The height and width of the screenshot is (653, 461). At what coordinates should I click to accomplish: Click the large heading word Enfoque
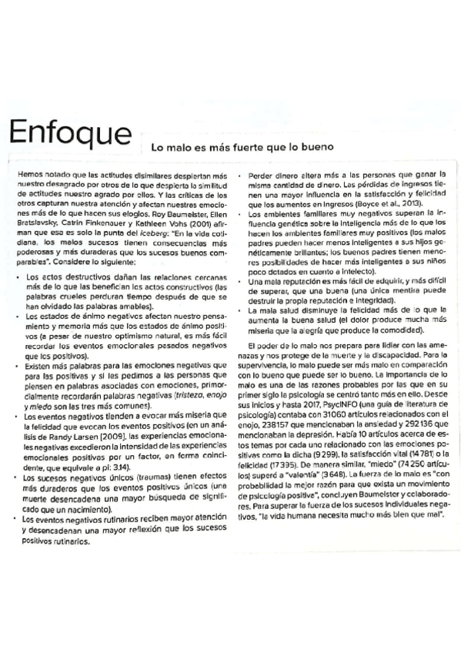pyautogui.click(x=70, y=135)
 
